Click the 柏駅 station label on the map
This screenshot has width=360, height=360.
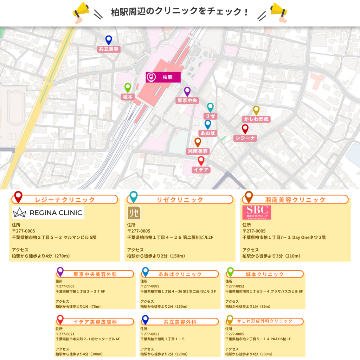163,77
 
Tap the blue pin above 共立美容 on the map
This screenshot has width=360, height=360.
109,40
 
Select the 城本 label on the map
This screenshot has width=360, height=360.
128,97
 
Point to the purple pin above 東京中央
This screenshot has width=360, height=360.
187,91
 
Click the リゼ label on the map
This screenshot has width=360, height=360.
210,116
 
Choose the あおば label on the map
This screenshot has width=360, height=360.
207,133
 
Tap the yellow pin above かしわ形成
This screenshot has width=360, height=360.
256,110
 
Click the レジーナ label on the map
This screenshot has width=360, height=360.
245,138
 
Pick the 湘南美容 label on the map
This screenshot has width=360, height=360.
198,151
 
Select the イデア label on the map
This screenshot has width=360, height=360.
201,170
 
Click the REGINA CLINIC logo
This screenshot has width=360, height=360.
48,212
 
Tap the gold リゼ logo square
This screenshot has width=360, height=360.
134,213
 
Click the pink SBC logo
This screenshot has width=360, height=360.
257,212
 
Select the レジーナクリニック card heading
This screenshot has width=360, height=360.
65,200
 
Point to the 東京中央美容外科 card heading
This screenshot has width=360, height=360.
95,274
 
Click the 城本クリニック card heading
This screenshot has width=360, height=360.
264,274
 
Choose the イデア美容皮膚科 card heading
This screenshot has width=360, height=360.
95,322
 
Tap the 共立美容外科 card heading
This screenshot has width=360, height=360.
180,322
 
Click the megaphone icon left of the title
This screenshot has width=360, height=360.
81,12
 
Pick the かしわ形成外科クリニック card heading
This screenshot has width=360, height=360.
264,321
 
